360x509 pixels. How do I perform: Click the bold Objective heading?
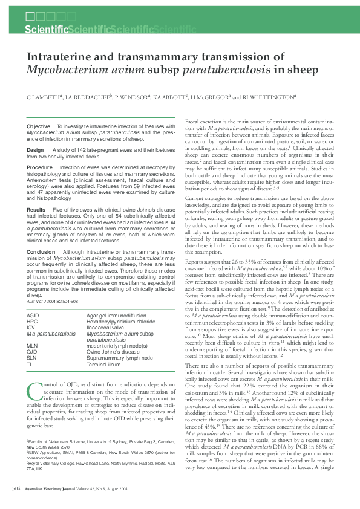[39, 126]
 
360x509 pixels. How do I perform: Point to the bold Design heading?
[35, 149]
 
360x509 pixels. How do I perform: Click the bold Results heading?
[37, 209]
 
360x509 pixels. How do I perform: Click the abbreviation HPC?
[32, 322]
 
